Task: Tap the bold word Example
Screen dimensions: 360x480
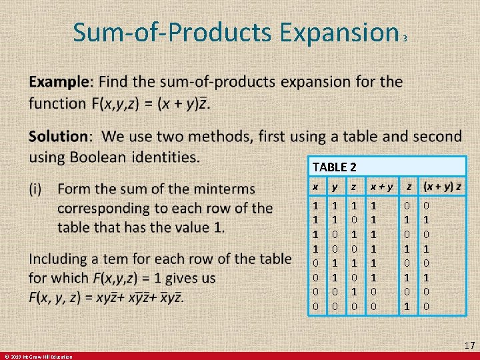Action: pos(58,82)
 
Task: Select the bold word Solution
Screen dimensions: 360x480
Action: pos(58,137)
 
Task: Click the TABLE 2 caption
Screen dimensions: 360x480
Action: pos(339,167)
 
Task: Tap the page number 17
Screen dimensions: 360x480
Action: pos(469,345)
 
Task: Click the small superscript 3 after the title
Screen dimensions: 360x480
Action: pos(405,39)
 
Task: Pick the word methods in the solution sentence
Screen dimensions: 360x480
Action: pos(211,137)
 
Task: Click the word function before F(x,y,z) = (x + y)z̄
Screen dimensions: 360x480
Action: pos(56,104)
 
